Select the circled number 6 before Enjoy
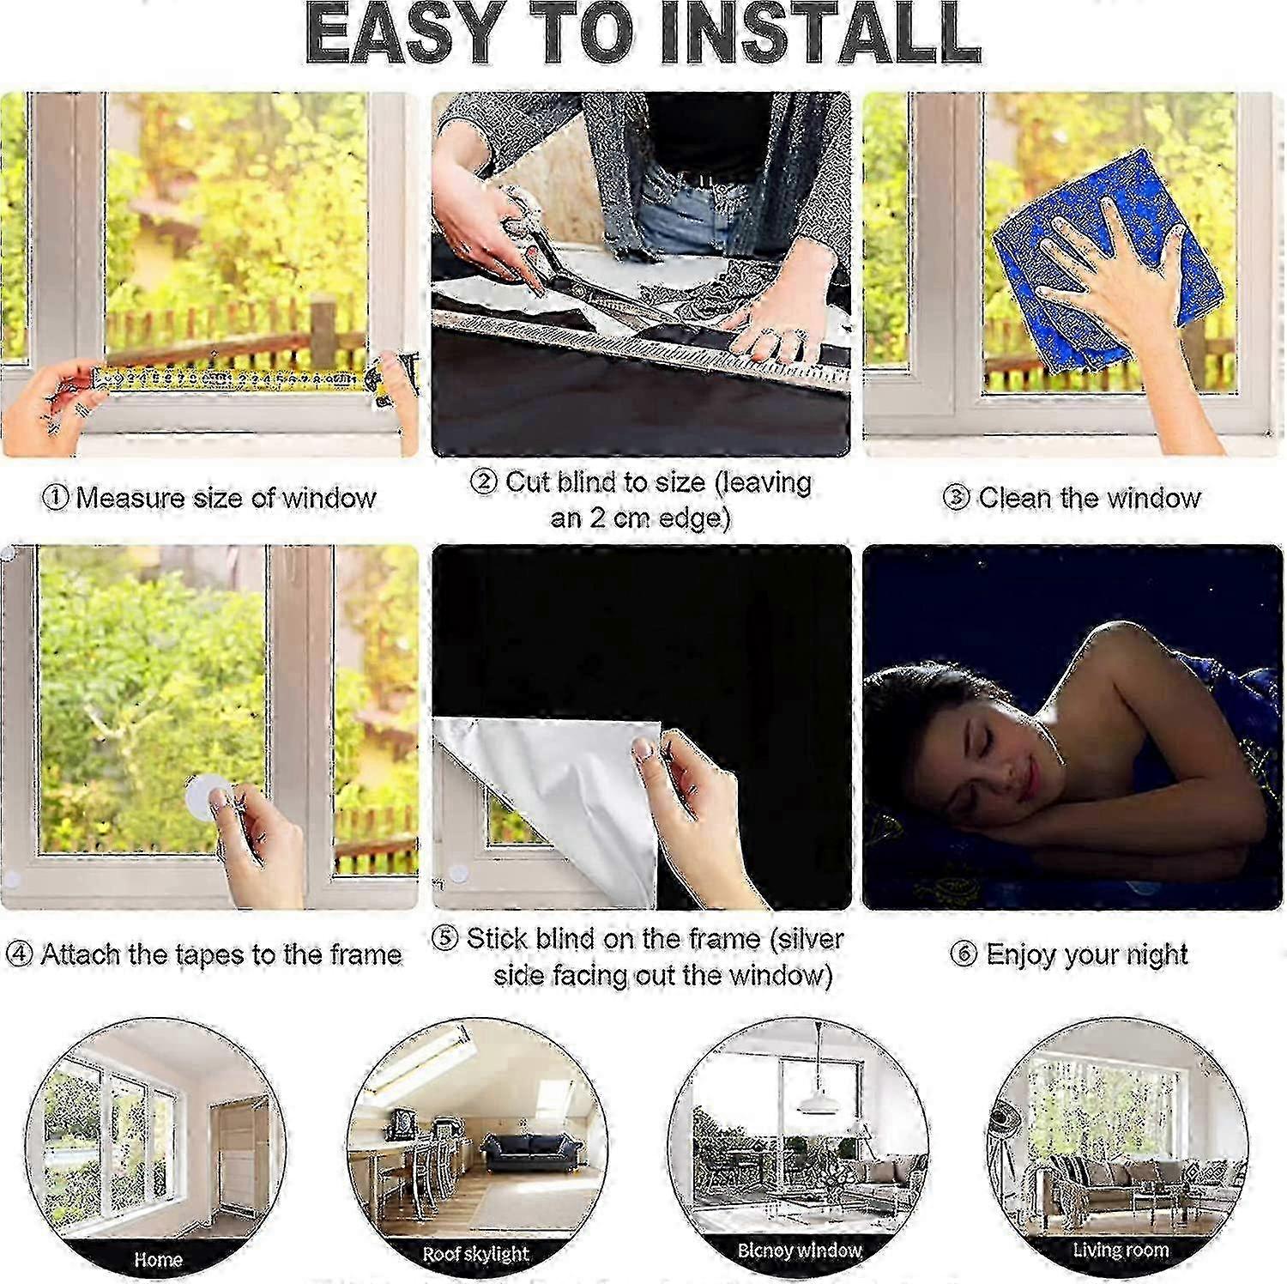tap(964, 954)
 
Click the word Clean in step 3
tap(1016, 498)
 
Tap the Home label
tap(158, 1260)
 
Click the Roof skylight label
tap(475, 1255)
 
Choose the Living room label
tap(1121, 1250)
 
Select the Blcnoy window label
tap(799, 1251)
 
